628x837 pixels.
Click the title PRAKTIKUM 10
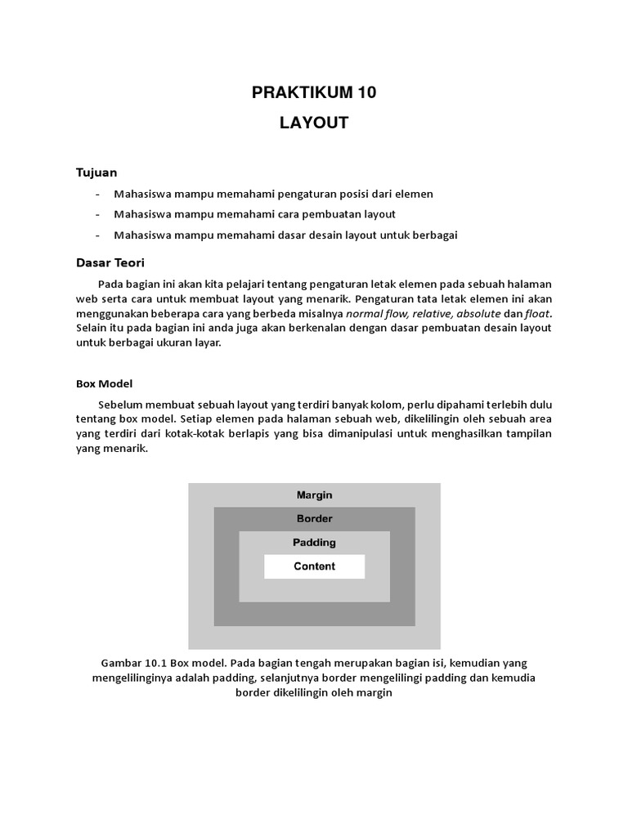(314, 93)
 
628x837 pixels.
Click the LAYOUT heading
(314, 123)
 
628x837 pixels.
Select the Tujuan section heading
(96, 172)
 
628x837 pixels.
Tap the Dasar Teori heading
(110, 262)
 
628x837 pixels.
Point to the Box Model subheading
(104, 383)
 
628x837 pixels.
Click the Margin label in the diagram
(314, 495)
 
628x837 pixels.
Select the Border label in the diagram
(314, 518)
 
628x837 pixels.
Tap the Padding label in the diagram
(314, 542)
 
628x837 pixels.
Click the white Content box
(314, 566)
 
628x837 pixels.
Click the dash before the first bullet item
(98, 195)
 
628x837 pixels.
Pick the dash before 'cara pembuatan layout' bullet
(98, 215)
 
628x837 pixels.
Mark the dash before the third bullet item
(98, 235)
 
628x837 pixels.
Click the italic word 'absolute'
(478, 314)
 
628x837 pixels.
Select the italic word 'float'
(537, 314)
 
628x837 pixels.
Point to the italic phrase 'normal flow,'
(378, 314)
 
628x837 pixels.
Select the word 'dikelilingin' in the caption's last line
(298, 692)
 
